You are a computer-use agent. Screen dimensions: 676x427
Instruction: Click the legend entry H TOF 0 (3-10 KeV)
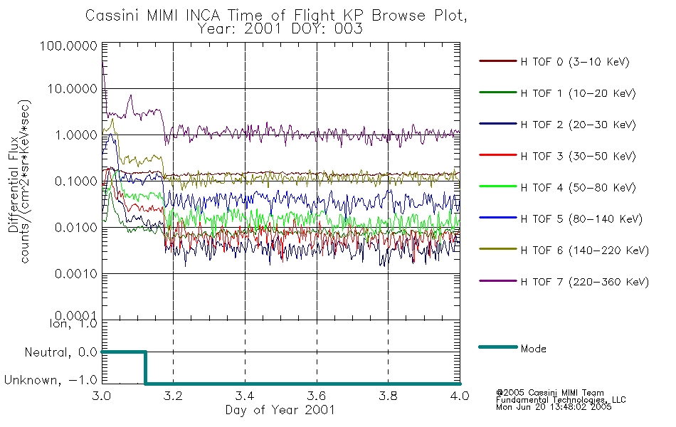click(x=575, y=62)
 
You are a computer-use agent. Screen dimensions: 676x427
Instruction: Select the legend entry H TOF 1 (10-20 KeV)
click(x=578, y=93)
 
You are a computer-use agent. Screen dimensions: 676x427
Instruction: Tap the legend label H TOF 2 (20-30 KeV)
click(x=578, y=125)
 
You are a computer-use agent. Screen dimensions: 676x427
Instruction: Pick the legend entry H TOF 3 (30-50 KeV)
click(x=578, y=156)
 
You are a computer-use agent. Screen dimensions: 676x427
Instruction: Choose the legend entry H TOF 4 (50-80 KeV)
click(x=578, y=188)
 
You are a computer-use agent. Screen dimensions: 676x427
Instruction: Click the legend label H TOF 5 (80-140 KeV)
click(x=581, y=219)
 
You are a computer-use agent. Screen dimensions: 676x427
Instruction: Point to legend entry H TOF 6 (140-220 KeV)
click(x=585, y=251)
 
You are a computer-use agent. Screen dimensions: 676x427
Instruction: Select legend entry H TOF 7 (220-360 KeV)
click(x=585, y=282)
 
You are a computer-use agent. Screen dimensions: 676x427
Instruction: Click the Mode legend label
click(x=533, y=349)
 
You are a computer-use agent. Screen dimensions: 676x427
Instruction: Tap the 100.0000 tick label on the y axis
click(x=68, y=46)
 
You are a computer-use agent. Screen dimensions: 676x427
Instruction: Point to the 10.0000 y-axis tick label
click(x=72, y=89)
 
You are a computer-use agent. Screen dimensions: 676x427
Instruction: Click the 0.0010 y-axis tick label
click(x=76, y=274)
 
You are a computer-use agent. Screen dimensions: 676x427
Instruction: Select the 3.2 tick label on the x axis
click(x=174, y=396)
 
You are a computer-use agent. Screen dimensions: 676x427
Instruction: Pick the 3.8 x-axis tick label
click(x=388, y=396)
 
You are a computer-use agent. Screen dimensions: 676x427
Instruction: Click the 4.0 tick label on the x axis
click(x=460, y=396)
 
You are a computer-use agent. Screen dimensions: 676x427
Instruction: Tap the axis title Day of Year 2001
click(x=280, y=410)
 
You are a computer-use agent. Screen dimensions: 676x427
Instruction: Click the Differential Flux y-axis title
click(x=14, y=184)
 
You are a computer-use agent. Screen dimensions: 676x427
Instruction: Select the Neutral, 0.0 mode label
click(x=61, y=353)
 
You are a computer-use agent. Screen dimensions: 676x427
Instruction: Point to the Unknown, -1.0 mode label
click(x=51, y=381)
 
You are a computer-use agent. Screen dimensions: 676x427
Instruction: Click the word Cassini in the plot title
click(x=112, y=16)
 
